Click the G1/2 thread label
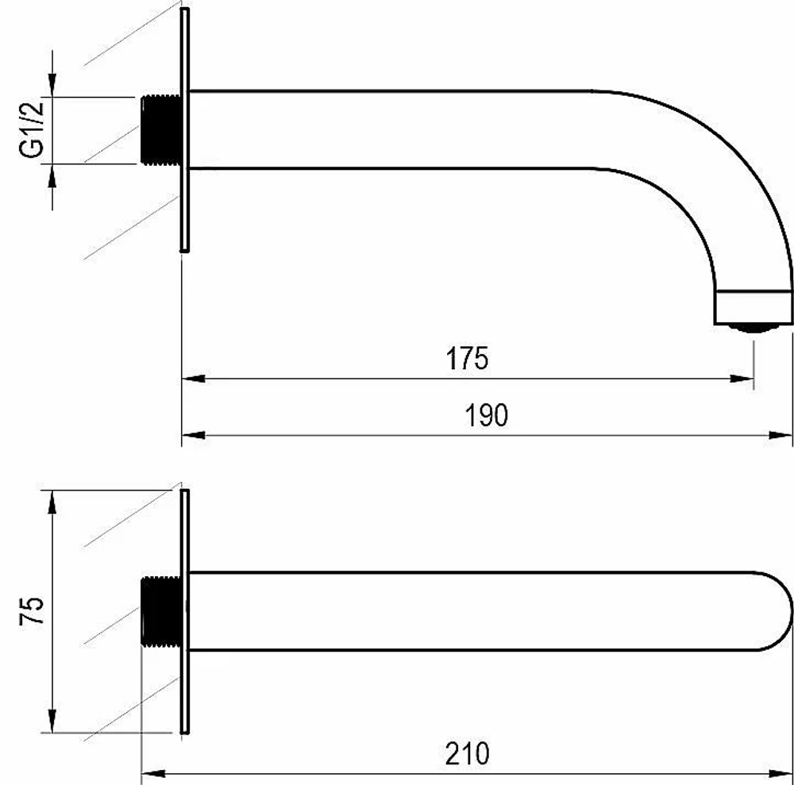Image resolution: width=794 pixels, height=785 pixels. point(32,130)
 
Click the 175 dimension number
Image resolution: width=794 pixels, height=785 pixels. point(467,358)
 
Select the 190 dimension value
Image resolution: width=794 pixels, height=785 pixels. point(486,415)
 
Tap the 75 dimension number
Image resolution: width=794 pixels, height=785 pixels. point(32,611)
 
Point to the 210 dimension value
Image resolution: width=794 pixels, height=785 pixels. point(468,753)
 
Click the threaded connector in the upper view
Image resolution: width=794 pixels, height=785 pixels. point(160,129)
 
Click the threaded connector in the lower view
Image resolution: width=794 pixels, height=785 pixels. point(161,611)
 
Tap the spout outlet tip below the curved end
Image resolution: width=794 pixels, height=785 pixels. point(754,328)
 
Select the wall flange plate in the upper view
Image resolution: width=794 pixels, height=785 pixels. point(185,129)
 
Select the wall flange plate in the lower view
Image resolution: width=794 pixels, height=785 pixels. point(185,611)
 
